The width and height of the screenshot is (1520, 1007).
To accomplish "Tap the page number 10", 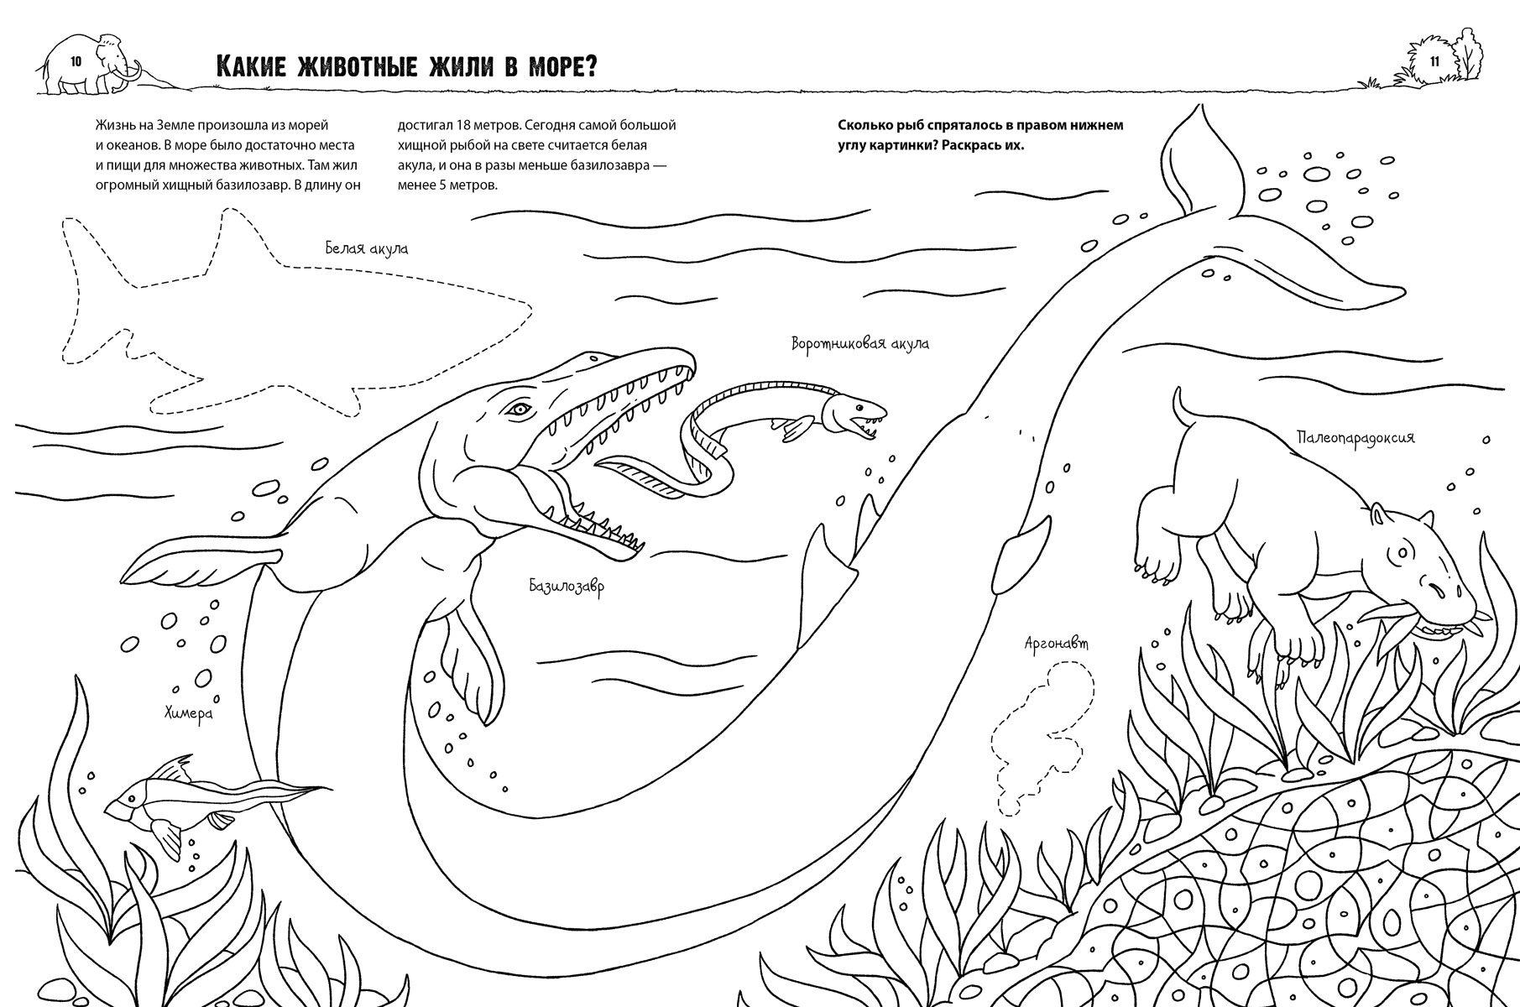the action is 76,60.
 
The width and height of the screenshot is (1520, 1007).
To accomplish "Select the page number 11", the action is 1434,61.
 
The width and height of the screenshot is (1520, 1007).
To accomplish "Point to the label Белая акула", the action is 367,248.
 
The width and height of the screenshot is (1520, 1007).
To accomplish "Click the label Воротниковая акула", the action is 859,343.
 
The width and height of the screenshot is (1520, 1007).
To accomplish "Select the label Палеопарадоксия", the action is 1355,437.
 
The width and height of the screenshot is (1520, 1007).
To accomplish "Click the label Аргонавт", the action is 1056,644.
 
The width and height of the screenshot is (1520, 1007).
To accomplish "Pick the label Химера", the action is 188,713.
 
